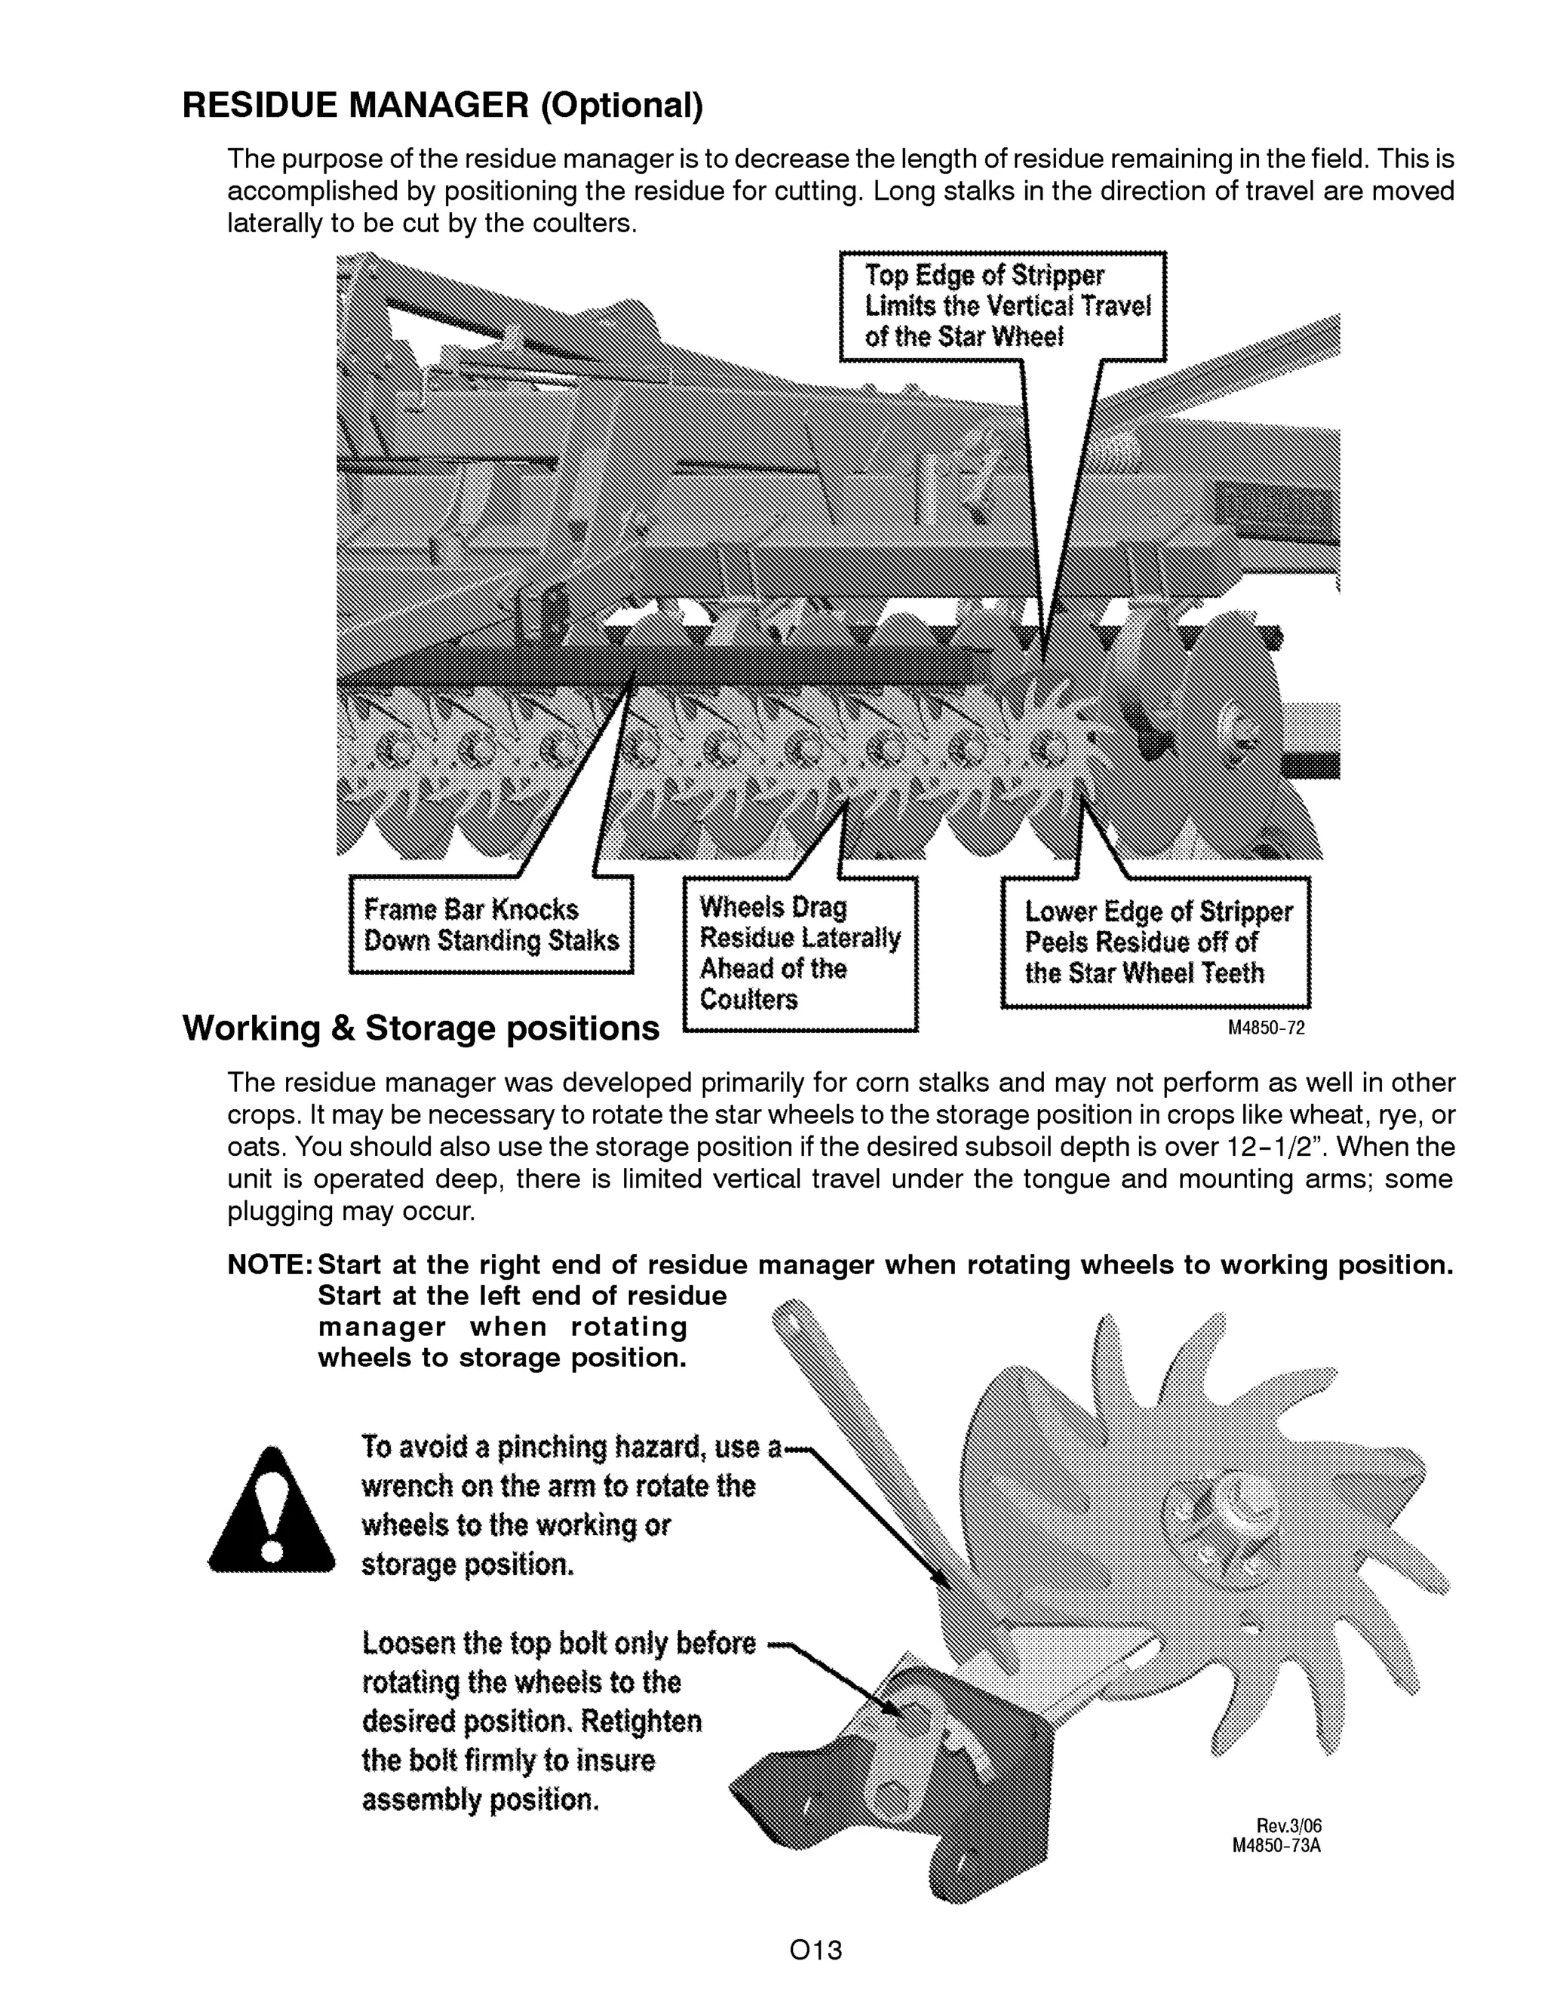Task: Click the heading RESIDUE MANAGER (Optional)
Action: tap(443, 106)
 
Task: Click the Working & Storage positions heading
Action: tap(420, 1028)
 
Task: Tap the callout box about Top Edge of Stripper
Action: tap(1003, 306)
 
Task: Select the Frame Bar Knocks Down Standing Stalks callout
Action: tap(492, 925)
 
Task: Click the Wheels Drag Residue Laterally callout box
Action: tap(800, 953)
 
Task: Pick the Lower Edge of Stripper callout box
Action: tap(1156, 942)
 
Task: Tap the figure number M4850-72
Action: tap(1266, 1028)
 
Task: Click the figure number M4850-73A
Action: tap(1277, 1845)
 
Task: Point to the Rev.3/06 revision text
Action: tap(1289, 1827)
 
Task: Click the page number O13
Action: tap(816, 1951)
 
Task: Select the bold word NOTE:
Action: tap(270, 1265)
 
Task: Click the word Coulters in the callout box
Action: tap(748, 999)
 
